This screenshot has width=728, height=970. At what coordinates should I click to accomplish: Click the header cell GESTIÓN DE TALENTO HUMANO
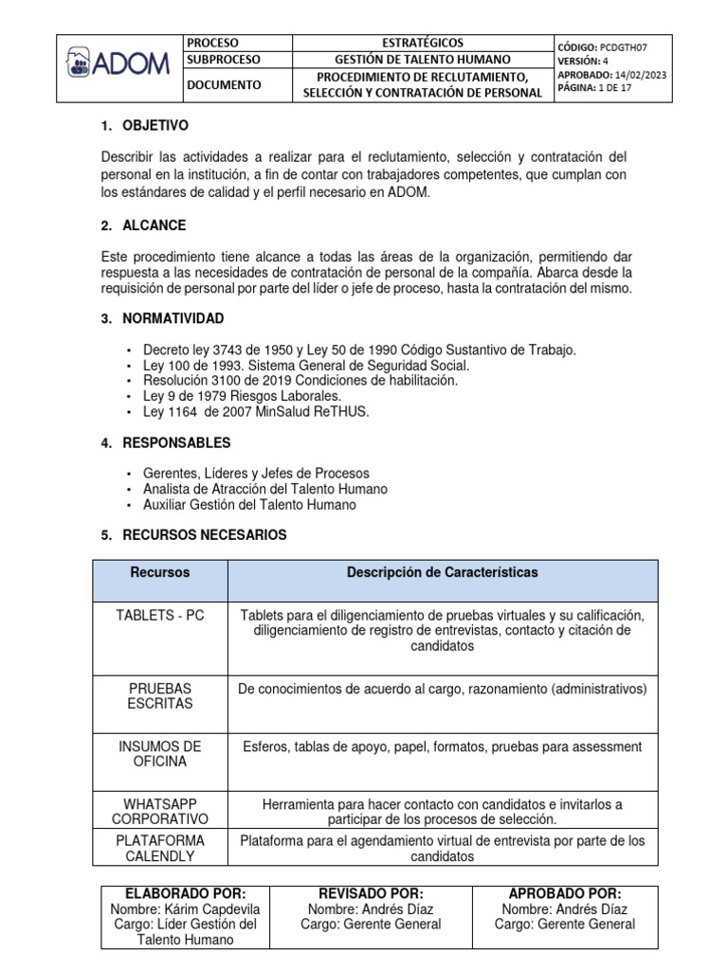coord(422,59)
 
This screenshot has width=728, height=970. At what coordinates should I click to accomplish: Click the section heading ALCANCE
coord(155,225)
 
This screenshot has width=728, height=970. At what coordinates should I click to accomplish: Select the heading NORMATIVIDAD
coord(173,318)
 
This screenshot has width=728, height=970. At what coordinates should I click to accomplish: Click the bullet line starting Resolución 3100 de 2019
coord(300,380)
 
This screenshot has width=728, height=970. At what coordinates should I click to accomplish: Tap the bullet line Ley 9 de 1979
coord(242,395)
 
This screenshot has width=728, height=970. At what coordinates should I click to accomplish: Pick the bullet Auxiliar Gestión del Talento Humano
coord(249,505)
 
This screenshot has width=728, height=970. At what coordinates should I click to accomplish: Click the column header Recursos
coord(159,572)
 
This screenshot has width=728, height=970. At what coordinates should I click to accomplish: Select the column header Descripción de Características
coord(442,572)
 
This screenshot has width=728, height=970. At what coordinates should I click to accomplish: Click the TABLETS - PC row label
coord(159,615)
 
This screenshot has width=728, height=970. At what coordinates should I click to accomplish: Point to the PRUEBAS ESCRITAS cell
coord(159,696)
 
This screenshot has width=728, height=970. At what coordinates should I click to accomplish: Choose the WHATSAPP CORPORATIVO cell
coord(159,811)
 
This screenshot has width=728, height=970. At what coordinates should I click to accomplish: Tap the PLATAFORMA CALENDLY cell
coord(159,848)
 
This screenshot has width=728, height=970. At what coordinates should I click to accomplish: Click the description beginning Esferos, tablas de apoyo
coord(442,746)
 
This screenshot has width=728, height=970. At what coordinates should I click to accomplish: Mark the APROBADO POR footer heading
coord(565,893)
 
